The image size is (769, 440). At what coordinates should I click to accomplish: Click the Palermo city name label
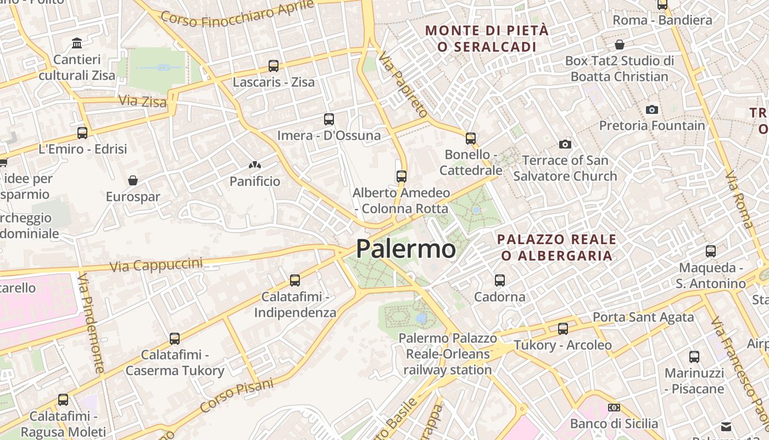(406, 249)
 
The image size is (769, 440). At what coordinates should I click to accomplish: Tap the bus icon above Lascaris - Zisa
(274, 66)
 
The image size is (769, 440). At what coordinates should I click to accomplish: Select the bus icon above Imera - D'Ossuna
(329, 119)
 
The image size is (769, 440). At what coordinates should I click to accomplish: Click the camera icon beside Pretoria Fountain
(652, 109)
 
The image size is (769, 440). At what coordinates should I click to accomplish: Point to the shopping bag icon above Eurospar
(133, 180)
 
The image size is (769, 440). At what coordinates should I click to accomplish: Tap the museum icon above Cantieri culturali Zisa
(77, 43)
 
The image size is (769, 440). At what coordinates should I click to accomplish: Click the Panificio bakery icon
(255, 164)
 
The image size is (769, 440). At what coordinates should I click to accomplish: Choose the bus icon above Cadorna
(500, 280)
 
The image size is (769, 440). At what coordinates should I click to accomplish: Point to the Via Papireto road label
(403, 85)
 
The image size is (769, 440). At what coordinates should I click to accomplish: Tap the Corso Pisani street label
(237, 396)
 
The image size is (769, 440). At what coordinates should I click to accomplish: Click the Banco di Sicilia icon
(614, 408)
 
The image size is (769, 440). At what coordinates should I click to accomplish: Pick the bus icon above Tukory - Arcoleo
(563, 329)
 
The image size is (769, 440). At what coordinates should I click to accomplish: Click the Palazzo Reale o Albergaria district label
(556, 248)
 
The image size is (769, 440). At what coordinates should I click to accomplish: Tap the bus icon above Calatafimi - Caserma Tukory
(175, 338)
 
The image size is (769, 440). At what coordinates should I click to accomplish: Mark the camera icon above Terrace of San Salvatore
(565, 144)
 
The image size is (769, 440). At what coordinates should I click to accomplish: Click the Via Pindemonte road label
(91, 324)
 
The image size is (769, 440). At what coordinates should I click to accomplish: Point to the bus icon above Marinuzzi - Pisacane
(694, 356)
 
